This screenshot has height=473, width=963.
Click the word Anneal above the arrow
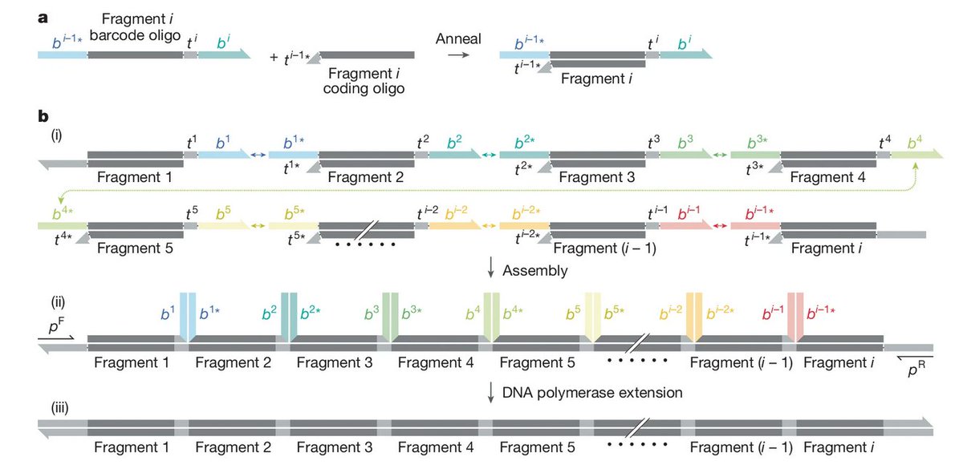(x=458, y=38)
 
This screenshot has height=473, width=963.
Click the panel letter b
(x=44, y=117)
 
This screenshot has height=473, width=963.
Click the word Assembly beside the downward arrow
(x=535, y=271)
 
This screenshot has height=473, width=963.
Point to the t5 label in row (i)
(x=191, y=212)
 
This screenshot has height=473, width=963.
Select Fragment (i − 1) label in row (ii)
(x=742, y=362)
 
